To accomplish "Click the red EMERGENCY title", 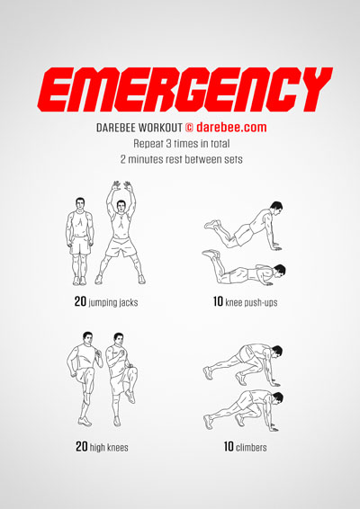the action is [184, 89].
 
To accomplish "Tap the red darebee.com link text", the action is [231, 127].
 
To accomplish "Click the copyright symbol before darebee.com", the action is [189, 128].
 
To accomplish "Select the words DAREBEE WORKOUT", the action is [139, 128].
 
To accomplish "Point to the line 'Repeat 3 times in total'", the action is [181, 144].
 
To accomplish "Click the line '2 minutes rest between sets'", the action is [181, 159].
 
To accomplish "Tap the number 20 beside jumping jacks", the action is [80, 301].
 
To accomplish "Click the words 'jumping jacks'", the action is [113, 302].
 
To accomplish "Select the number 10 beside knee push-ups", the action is [218, 301].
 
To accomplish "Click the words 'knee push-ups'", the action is [251, 302].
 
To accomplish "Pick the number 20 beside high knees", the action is [82, 446].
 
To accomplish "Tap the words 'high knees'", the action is [109, 447].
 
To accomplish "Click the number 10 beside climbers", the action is [229, 446].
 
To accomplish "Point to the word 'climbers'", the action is [251, 447].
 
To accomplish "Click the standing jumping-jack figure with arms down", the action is [79, 241].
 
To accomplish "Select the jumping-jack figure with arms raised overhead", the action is [121, 232].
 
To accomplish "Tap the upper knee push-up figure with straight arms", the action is [243, 225].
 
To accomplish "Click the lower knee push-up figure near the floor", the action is [244, 268].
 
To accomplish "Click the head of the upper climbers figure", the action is [276, 352].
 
